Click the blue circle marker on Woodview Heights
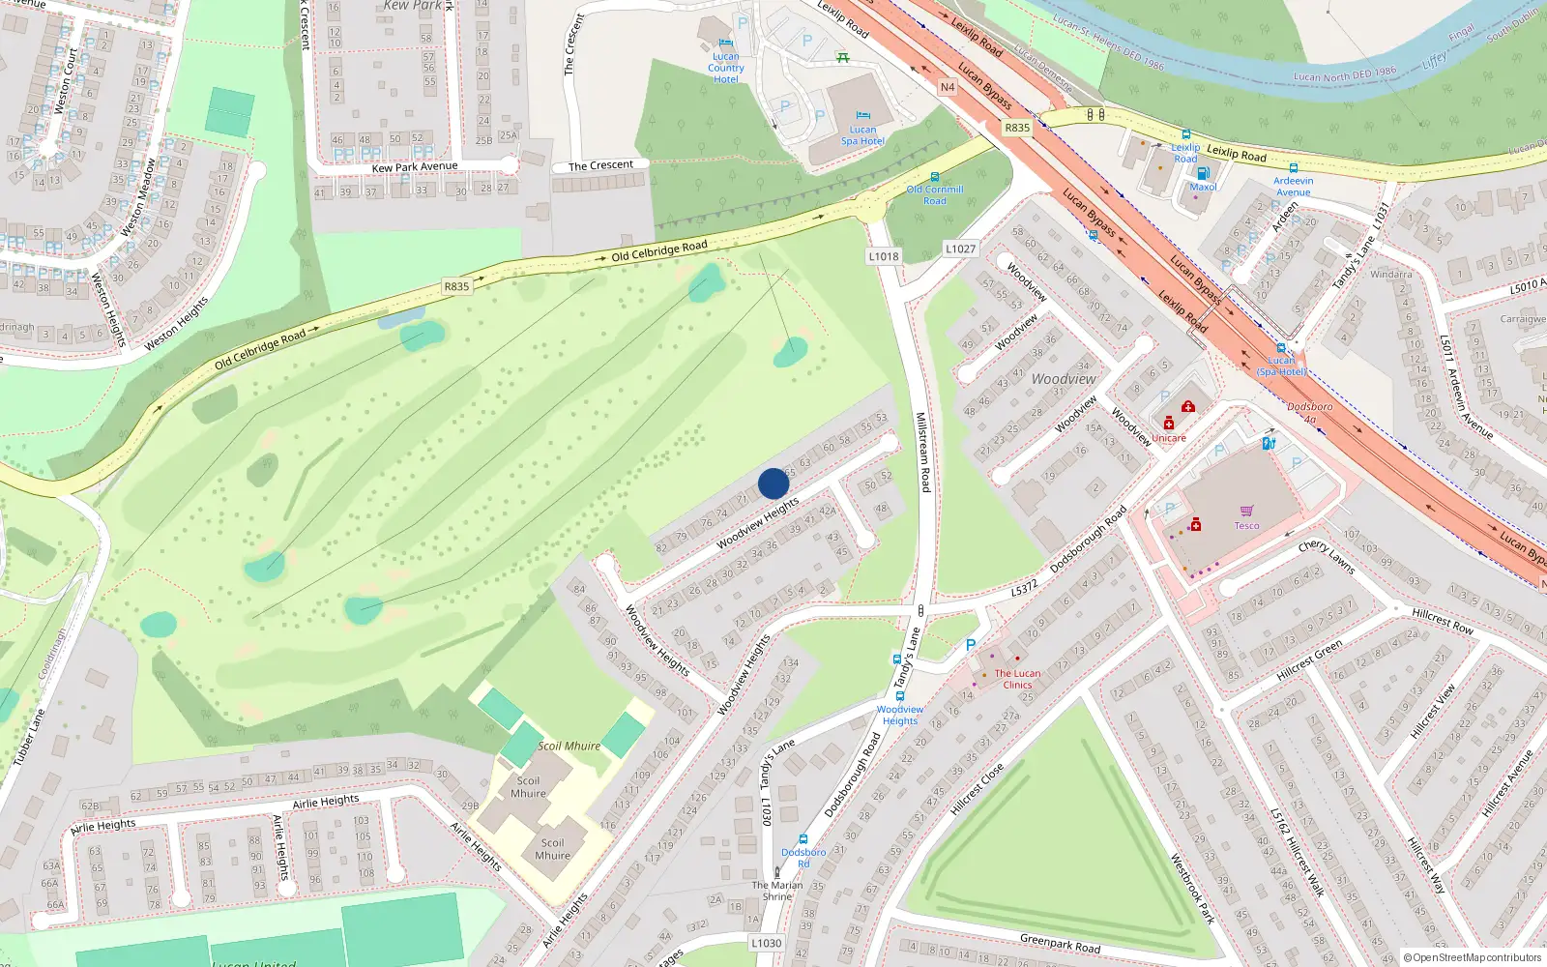(x=773, y=483)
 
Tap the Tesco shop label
(x=1246, y=526)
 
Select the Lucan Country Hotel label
(x=725, y=68)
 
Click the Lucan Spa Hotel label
(x=862, y=135)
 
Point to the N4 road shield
(x=948, y=87)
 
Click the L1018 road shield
(x=883, y=256)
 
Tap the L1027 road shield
(x=960, y=249)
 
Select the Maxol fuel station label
(x=1203, y=188)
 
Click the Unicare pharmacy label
(x=1168, y=438)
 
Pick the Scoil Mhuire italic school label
(x=569, y=746)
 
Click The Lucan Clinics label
(x=1017, y=679)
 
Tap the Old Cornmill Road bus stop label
(x=934, y=195)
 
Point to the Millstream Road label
(x=922, y=452)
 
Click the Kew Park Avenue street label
(x=415, y=167)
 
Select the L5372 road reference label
(x=1024, y=587)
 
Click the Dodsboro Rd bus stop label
(x=803, y=857)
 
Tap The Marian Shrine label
(x=777, y=891)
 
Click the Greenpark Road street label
(x=1060, y=942)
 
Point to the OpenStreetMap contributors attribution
(x=1473, y=957)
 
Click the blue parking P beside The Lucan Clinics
(x=971, y=645)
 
